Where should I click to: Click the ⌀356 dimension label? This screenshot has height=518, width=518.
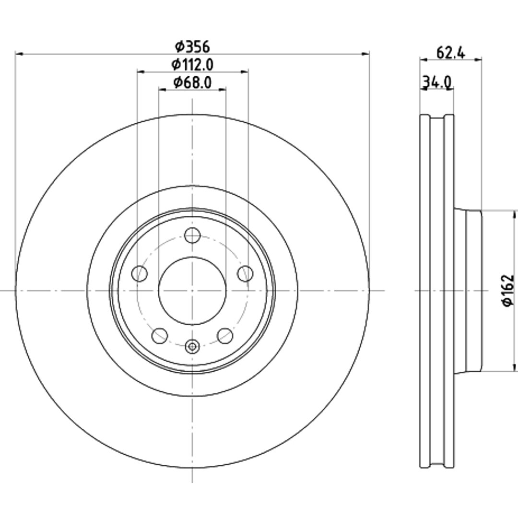[192, 47]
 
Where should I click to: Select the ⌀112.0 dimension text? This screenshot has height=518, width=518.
[192, 64]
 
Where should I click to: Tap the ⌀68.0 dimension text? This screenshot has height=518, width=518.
[192, 82]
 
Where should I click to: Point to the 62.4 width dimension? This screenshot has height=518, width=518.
[450, 53]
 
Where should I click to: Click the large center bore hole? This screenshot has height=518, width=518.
[192, 290]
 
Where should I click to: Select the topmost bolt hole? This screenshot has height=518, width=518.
[192, 235]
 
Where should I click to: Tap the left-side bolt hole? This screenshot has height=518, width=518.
[140, 273]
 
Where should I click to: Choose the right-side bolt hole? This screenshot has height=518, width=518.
[245, 273]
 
